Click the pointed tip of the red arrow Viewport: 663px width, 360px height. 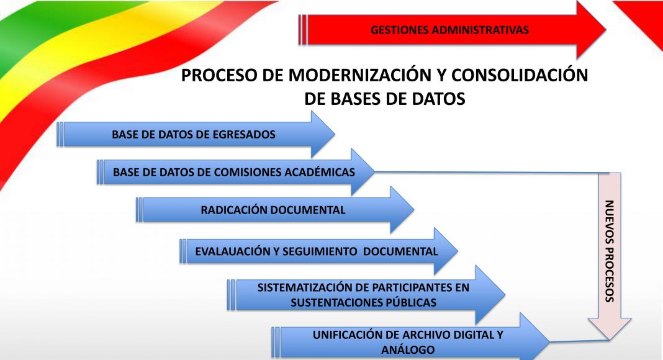click(606, 30)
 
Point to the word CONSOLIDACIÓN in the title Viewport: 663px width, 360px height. click(520, 75)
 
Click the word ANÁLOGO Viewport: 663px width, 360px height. click(408, 350)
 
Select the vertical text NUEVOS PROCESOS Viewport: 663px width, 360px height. click(609, 251)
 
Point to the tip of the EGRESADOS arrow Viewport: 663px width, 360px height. click(335, 134)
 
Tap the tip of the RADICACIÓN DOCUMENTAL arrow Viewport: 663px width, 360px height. click(414, 210)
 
